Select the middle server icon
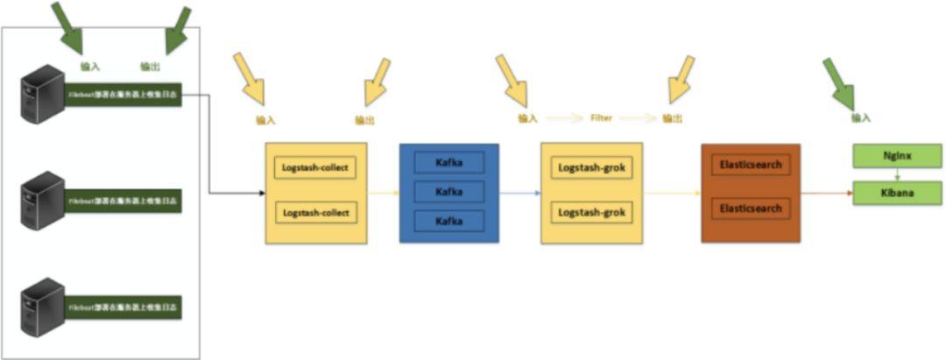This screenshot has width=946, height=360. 43,201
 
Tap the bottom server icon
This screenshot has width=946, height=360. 43,307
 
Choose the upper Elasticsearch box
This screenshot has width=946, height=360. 750,164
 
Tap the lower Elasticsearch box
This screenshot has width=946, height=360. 750,209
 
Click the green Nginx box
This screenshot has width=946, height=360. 891,156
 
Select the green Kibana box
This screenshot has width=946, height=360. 891,193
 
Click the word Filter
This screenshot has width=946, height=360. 601,117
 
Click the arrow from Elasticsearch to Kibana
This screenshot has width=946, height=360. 827,193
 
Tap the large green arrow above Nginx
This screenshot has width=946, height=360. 840,81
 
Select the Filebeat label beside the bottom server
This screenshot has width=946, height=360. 124,308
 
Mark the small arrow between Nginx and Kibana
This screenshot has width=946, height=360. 891,174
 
